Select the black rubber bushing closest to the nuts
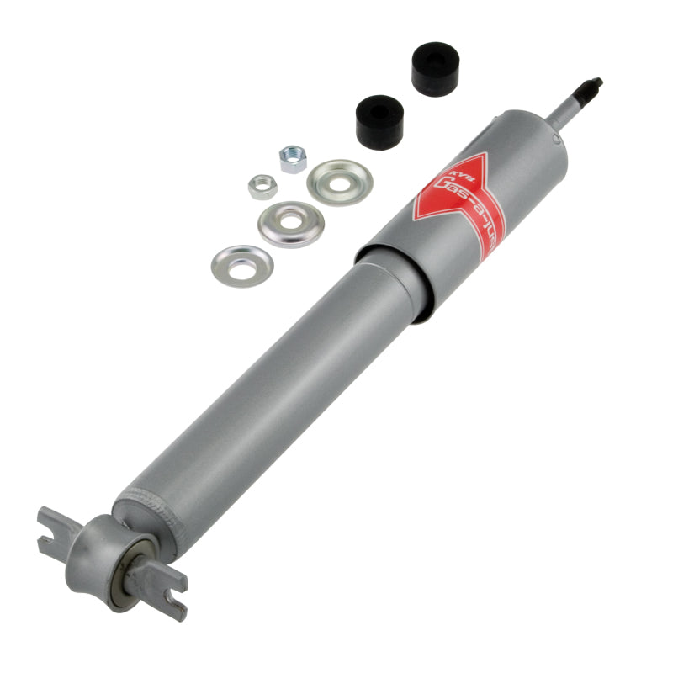[380, 120]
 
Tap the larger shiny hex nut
[293, 159]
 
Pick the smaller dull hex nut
[262, 186]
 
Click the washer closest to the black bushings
[340, 181]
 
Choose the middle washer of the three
[291, 224]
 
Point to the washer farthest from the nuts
[242, 265]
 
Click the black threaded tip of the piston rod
[591, 87]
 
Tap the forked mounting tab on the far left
[59, 531]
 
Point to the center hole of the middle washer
[291, 224]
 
